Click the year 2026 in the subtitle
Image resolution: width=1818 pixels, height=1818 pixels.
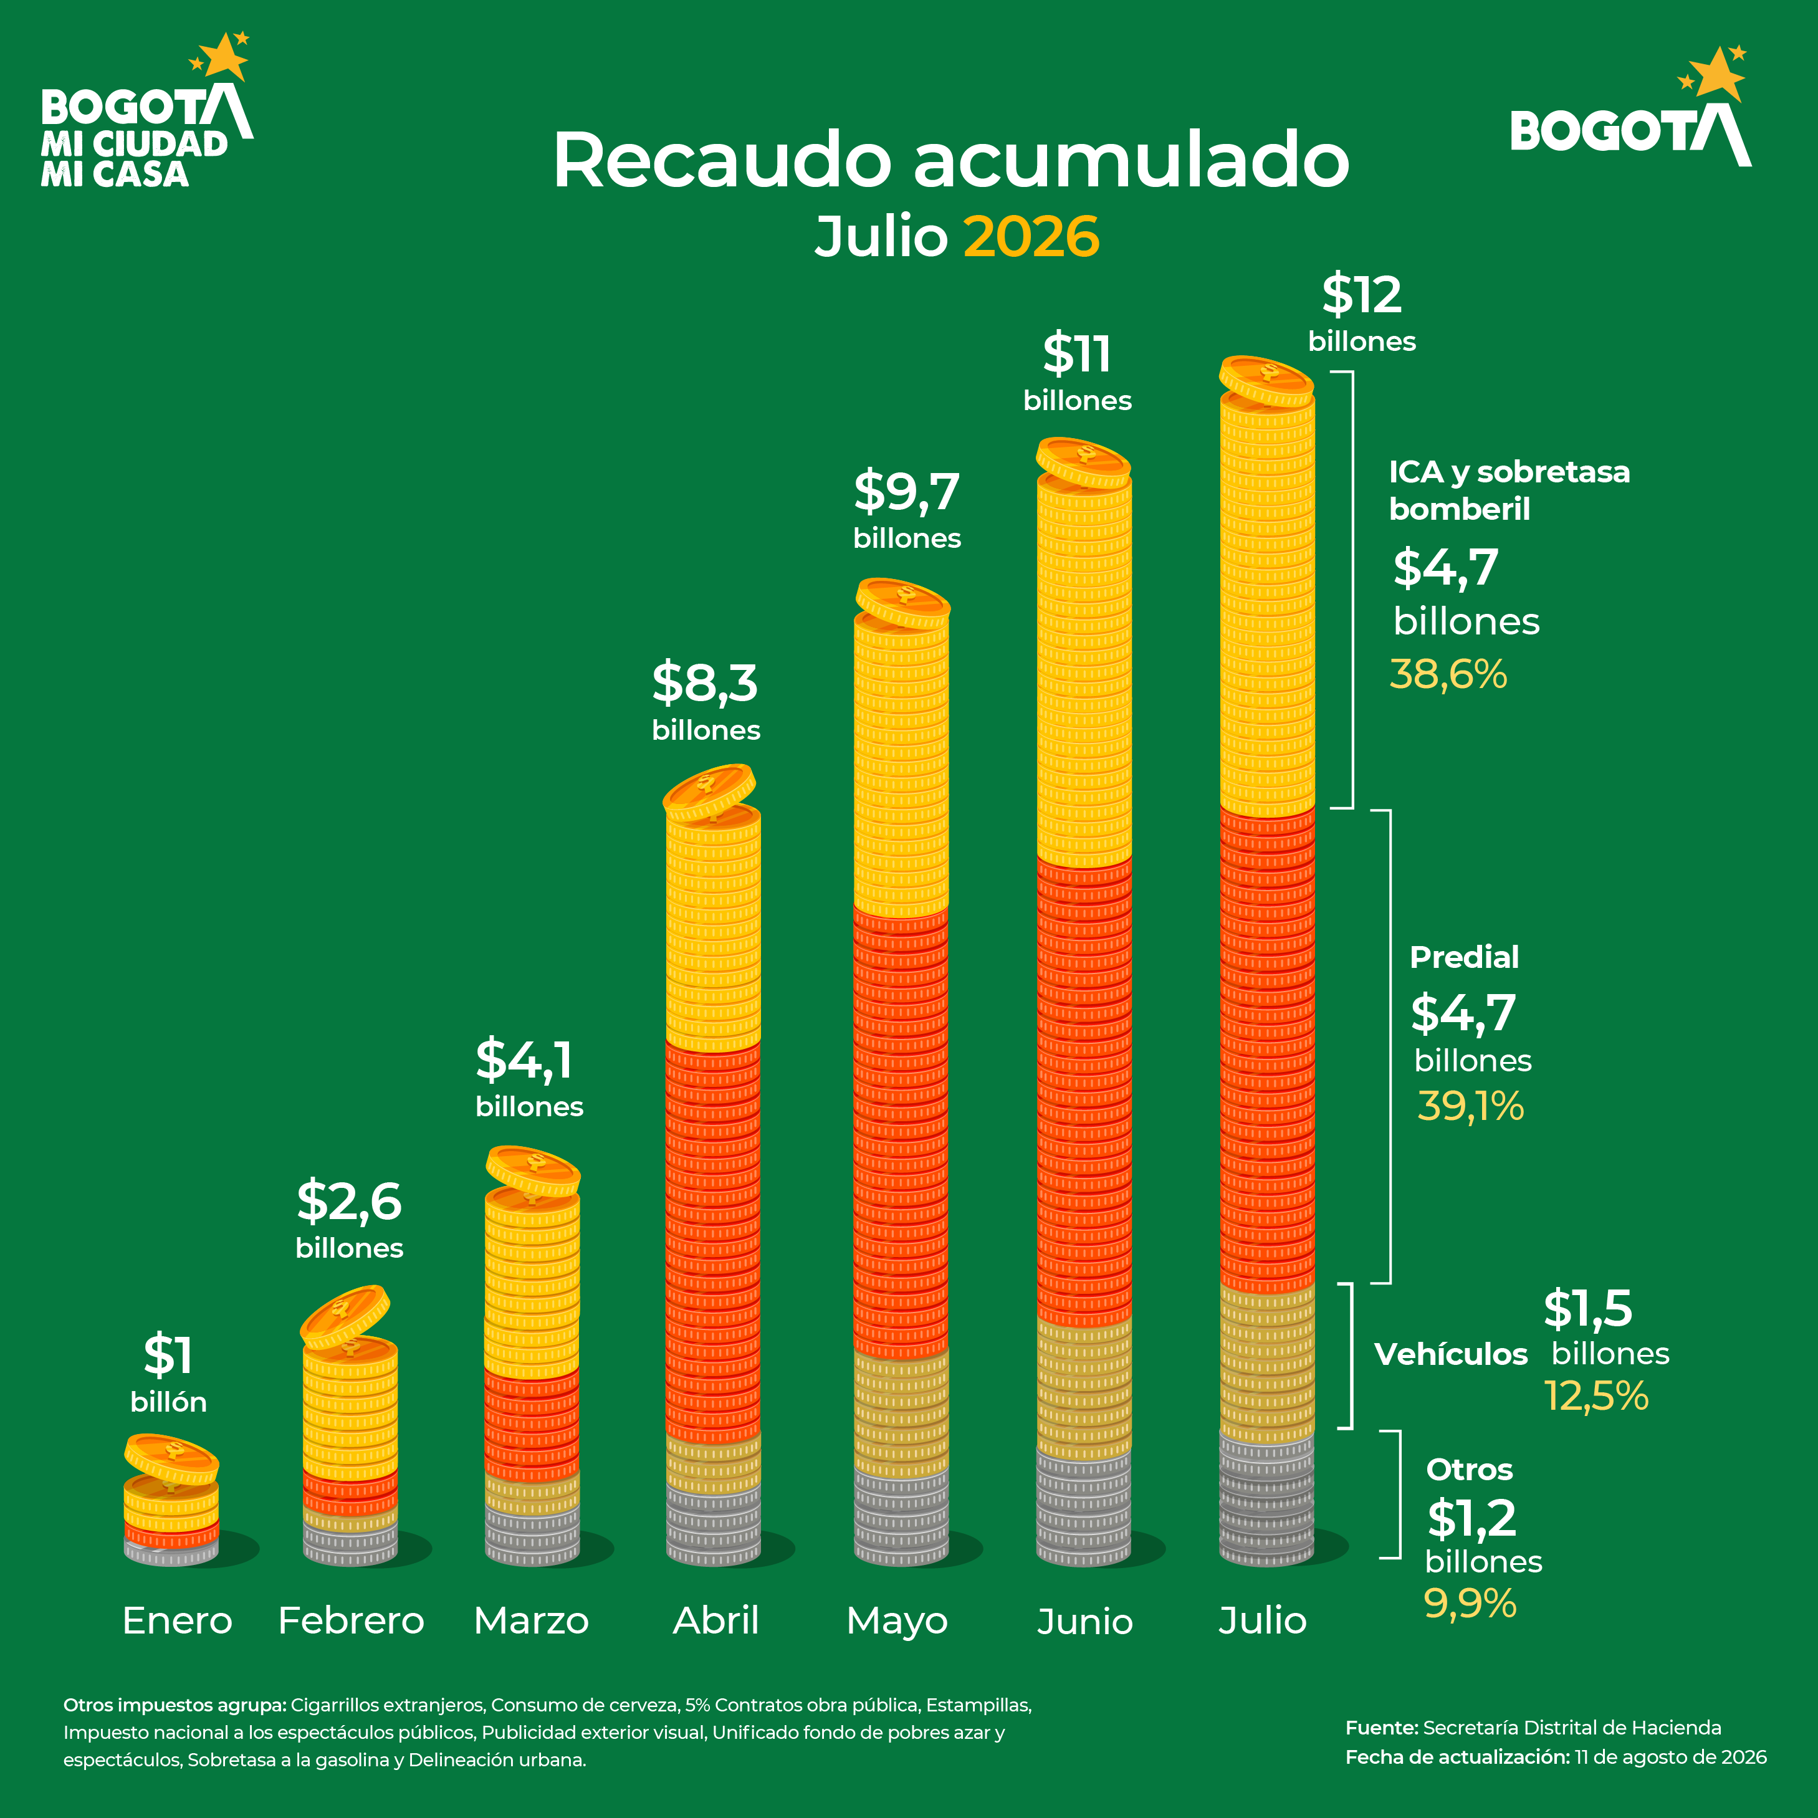tap(1031, 236)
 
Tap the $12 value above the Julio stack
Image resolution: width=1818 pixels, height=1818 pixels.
tap(1362, 295)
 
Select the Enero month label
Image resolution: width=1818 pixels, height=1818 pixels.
tap(177, 1620)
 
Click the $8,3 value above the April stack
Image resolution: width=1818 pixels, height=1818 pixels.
tap(705, 683)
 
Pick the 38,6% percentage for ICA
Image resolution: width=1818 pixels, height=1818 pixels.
tap(1448, 675)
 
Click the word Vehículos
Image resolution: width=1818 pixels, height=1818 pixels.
tap(1451, 1354)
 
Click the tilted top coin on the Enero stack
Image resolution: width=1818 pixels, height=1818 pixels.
tap(171, 1458)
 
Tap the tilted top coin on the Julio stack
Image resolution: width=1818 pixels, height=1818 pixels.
tap(1266, 380)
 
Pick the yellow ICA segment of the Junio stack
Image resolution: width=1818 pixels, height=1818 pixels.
tap(1084, 670)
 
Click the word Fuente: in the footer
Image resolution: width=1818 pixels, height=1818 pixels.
tap(1381, 1728)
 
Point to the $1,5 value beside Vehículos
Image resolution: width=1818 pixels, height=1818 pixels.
tap(1587, 1309)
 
